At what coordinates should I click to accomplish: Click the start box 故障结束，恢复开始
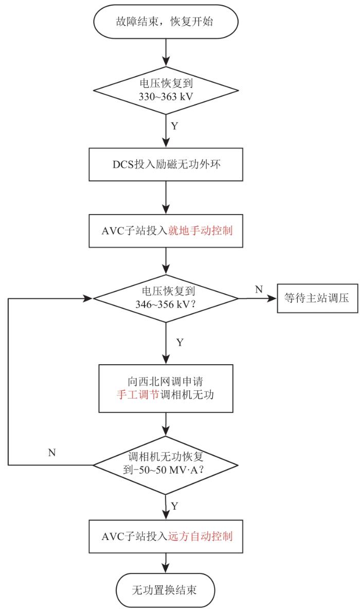click(x=166, y=22)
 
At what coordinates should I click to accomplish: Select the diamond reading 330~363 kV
click(x=166, y=90)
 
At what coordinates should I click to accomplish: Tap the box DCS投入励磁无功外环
click(x=166, y=164)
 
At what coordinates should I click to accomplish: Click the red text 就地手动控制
click(x=200, y=230)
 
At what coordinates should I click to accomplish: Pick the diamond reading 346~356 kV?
click(x=166, y=298)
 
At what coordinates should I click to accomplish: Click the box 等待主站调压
click(x=317, y=298)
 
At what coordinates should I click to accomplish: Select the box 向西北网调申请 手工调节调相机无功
click(x=166, y=388)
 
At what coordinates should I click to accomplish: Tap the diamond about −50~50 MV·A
click(x=166, y=465)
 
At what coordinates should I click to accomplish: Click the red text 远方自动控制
click(x=200, y=536)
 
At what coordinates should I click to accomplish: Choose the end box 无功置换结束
click(x=166, y=590)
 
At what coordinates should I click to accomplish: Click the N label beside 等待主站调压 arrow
click(x=259, y=289)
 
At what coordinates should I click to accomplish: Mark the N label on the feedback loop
click(x=51, y=453)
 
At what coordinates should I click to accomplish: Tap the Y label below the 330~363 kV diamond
click(x=174, y=126)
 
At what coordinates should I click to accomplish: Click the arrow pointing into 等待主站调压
click(x=258, y=298)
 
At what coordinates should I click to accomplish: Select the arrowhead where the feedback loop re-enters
click(x=88, y=298)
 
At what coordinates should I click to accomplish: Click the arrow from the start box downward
click(x=166, y=52)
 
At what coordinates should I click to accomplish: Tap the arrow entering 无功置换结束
click(x=166, y=563)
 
